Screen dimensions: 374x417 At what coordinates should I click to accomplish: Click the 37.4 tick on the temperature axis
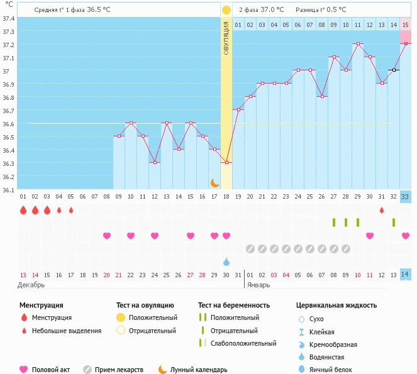pos(8,18)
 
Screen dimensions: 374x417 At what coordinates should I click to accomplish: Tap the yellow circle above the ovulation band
pos(226,10)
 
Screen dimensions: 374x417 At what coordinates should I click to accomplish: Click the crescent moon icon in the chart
pos(215,182)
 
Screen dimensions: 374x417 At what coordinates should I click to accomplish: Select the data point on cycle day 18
pos(226,162)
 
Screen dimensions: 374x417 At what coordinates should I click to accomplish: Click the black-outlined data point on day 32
pos(394,70)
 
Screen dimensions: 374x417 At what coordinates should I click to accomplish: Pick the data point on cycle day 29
pos(358,43)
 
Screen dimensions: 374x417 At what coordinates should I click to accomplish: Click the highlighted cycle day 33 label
pos(406,197)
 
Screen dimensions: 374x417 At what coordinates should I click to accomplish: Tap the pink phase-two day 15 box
pos(406,25)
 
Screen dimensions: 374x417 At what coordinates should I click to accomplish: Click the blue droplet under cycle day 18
pos(226,261)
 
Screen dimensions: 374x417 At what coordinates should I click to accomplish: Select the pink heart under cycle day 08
pos(107,236)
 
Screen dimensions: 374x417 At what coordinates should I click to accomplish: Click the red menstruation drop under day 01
pos(23,210)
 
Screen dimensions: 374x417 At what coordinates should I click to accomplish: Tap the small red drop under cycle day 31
pos(382,210)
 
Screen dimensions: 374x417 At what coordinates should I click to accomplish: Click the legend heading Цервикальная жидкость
pos(336,305)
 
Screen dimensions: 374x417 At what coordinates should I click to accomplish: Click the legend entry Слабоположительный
pos(243,343)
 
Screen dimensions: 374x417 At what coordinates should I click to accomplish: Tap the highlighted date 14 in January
pos(406,275)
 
